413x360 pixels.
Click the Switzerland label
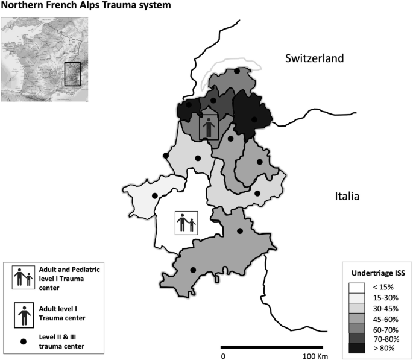pos(314,58)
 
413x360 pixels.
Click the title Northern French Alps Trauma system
pos(86,6)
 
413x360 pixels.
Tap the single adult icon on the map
pos(209,127)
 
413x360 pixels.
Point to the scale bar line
pos(272,347)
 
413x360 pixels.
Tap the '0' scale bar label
pos(223,356)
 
